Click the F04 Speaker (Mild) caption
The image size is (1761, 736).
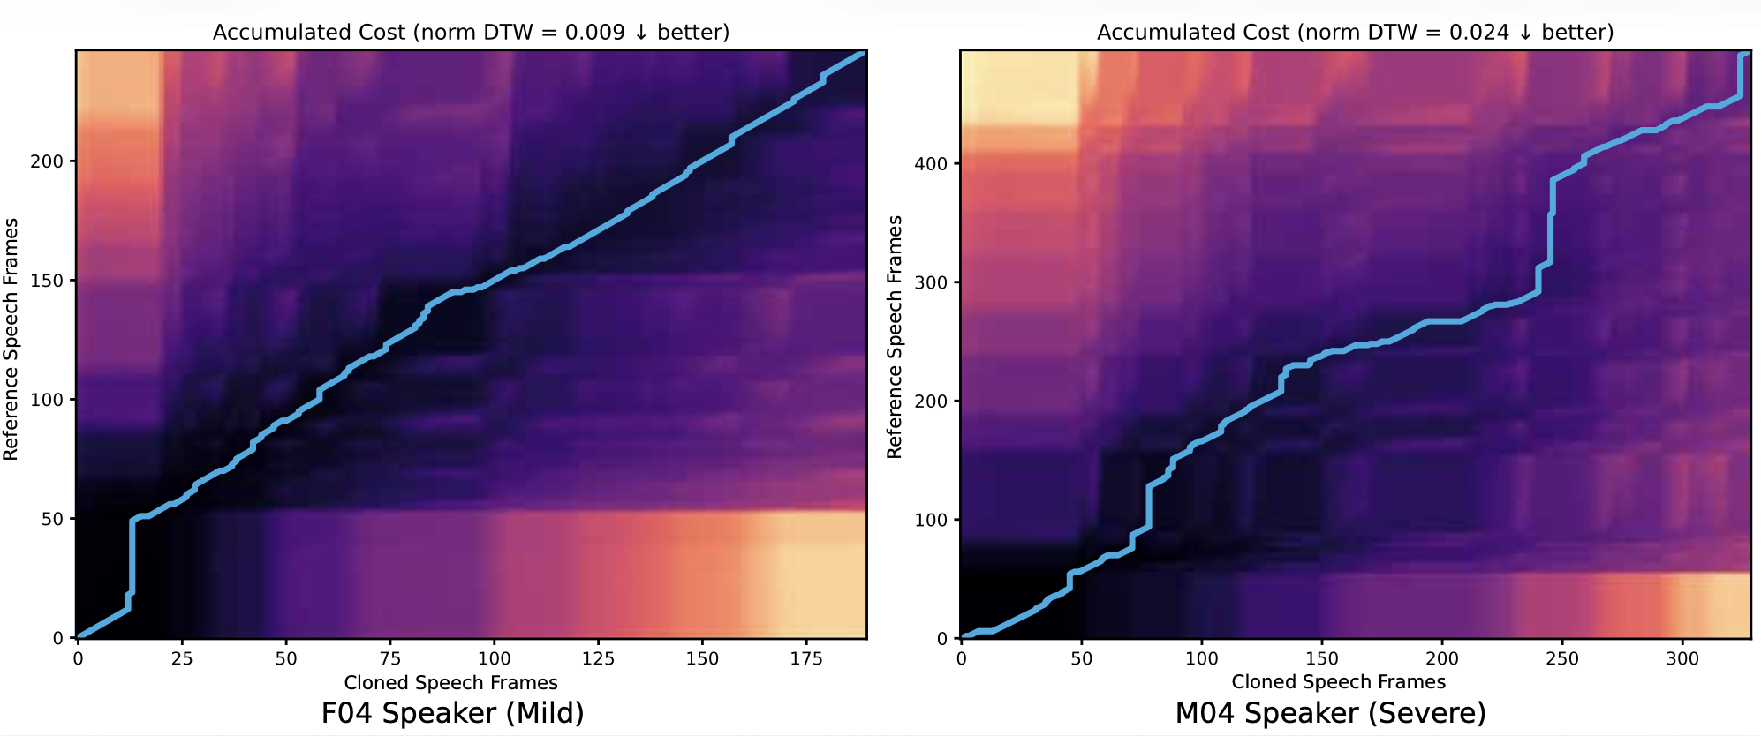coord(452,712)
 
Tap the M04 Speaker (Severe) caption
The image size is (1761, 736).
coord(1330,712)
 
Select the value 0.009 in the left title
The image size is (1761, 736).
coord(594,33)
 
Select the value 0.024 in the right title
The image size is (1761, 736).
coord(1478,33)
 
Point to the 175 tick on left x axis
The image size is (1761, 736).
coord(806,658)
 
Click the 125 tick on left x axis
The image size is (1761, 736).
coord(598,658)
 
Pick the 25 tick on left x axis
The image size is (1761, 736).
coord(182,658)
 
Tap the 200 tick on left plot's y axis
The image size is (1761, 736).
coord(47,161)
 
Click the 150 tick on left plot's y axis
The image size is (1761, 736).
coord(47,281)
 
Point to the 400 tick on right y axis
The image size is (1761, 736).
coord(931,164)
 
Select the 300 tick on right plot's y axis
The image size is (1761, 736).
coord(931,282)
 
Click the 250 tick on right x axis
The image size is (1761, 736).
coord(1562,658)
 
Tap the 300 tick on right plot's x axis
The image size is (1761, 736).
coord(1682,658)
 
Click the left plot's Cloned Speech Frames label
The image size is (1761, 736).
coord(450,682)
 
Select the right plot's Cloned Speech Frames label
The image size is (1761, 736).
coord(1338,681)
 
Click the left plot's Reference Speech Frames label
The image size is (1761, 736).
coord(11,340)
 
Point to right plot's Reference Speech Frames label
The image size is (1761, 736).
coord(895,337)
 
